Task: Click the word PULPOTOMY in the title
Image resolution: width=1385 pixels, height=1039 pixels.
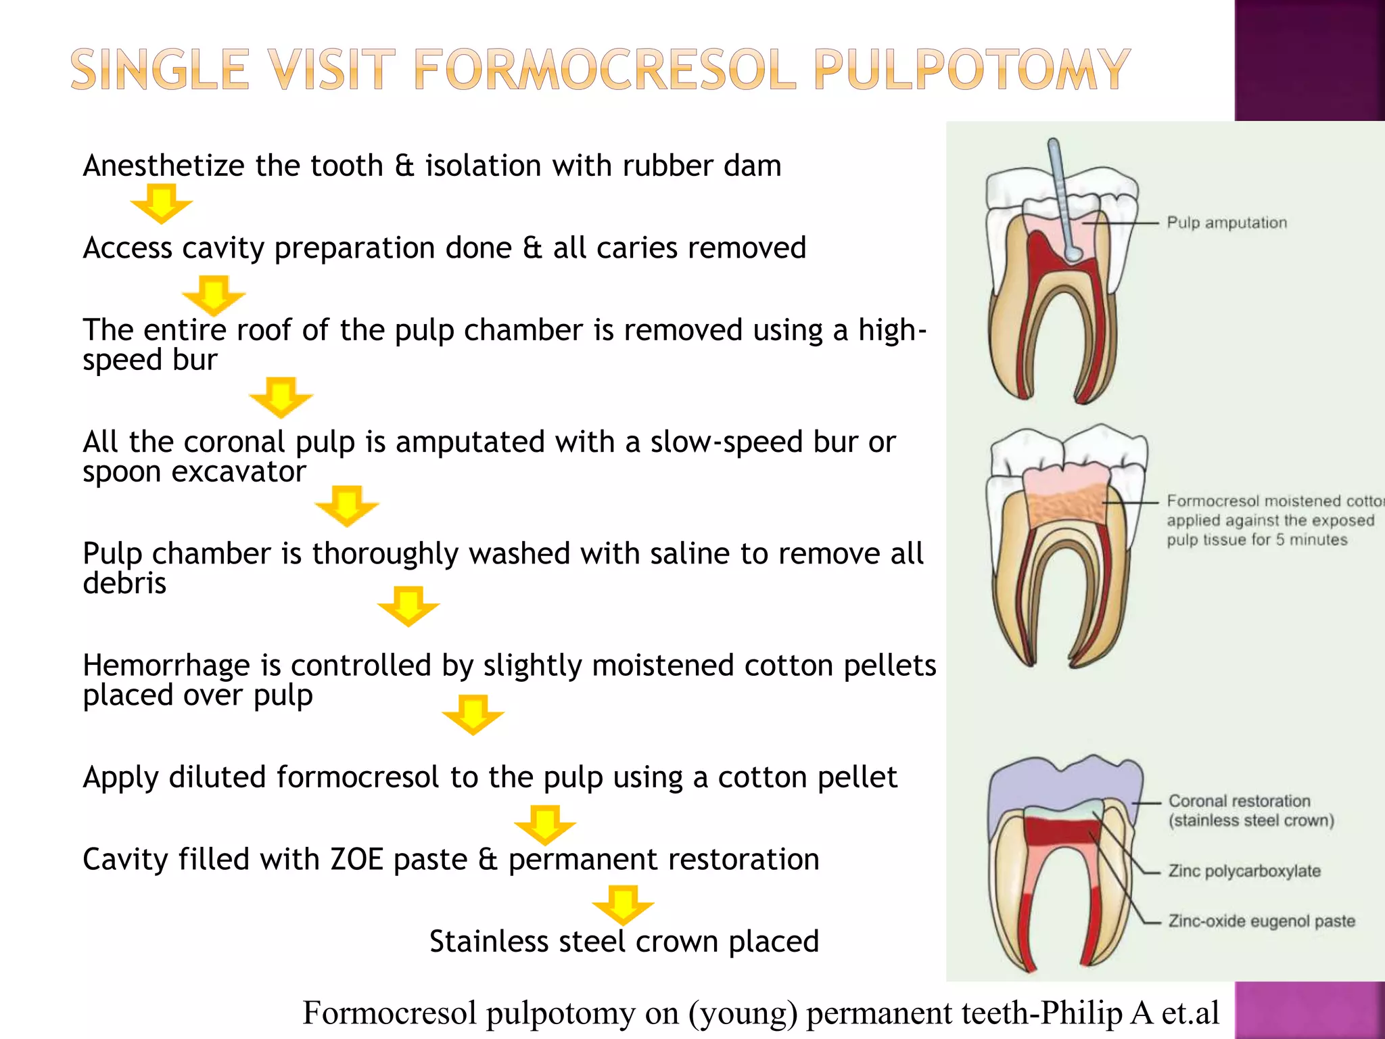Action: point(971,70)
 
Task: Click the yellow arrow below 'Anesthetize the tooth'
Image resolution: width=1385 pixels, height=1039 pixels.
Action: point(161,206)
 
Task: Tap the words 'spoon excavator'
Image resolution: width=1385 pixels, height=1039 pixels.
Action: point(194,471)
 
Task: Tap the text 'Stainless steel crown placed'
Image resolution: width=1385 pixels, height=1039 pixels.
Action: point(624,942)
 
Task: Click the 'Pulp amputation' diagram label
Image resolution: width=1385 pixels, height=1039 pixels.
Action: point(1226,223)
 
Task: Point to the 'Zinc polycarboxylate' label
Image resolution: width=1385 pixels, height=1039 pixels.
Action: point(1244,871)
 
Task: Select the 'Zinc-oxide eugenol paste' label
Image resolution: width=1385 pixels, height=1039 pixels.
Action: point(1261,921)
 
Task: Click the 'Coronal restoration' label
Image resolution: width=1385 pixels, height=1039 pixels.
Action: point(1239,802)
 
